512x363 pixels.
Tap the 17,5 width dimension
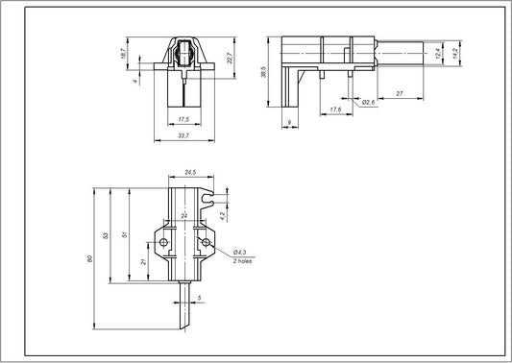point(183,118)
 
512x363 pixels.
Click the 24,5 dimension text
point(189,173)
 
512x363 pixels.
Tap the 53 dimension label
point(107,236)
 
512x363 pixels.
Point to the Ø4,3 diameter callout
point(240,252)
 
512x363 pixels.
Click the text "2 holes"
point(243,260)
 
